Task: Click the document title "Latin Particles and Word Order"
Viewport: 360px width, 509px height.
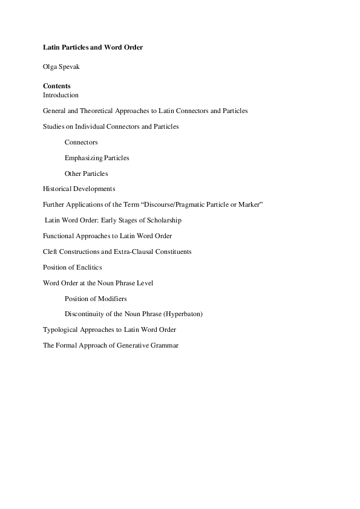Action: (93, 47)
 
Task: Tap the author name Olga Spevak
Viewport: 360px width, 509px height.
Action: (61, 66)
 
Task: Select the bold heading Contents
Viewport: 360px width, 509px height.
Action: (57, 86)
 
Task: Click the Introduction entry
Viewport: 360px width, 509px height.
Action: (61, 95)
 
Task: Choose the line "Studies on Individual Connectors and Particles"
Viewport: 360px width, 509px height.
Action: (111, 126)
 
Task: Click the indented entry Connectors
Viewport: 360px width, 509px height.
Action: (81, 142)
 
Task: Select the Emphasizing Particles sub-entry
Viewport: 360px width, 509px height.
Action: (97, 158)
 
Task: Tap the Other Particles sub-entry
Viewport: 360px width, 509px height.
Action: (87, 173)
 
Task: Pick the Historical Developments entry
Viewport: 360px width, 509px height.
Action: (79, 189)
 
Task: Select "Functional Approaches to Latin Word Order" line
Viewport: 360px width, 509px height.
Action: (108, 236)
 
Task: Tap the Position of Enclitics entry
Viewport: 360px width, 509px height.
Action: (73, 267)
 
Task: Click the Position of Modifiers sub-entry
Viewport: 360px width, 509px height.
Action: (96, 299)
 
